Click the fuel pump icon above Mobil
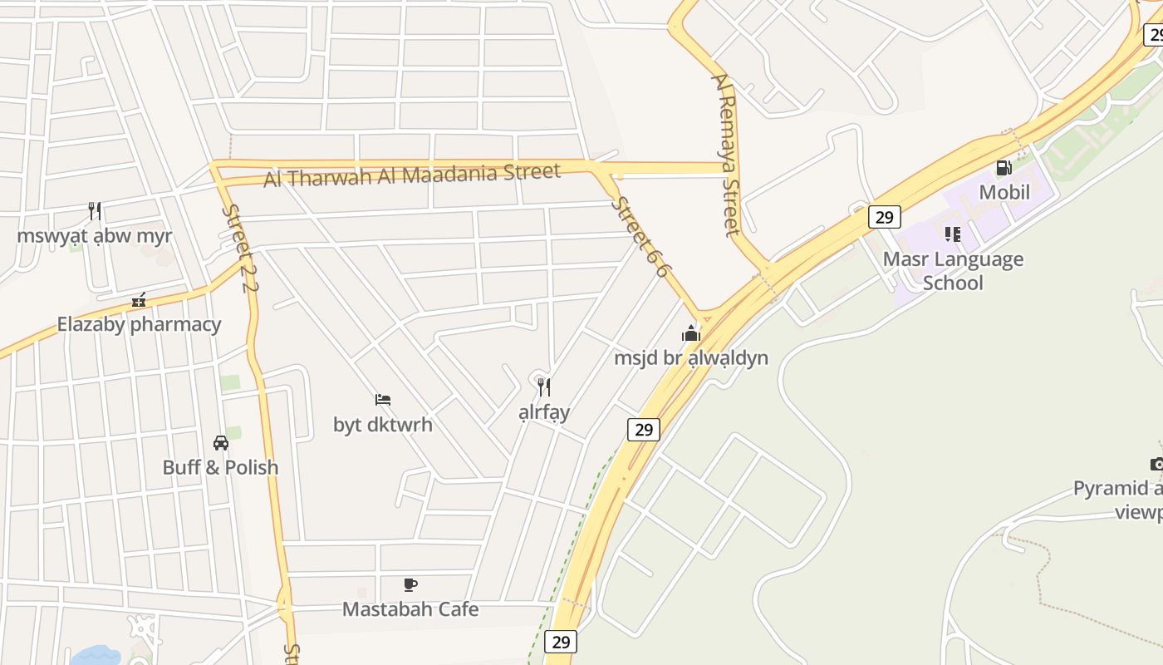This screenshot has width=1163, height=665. point(1004,168)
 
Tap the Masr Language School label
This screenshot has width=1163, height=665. point(953,271)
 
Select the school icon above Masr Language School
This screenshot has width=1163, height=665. point(953,234)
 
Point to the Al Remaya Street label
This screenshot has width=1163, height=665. point(725,155)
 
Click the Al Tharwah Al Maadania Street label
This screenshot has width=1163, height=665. point(412,175)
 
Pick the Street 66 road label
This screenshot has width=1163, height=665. point(640,237)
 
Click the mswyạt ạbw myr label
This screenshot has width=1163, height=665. point(95,235)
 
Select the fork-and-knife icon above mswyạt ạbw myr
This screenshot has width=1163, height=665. point(95,210)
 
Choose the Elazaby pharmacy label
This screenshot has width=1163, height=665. point(139,324)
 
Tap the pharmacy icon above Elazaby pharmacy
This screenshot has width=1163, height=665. point(139,300)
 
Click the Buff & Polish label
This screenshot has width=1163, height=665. point(220,467)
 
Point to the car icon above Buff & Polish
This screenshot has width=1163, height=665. point(220,442)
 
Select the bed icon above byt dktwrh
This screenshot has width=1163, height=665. point(382,400)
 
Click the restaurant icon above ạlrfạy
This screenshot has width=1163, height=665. point(543,387)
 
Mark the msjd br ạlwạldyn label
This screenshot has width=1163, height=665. point(690,358)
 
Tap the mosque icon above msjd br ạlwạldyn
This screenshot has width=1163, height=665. point(690,334)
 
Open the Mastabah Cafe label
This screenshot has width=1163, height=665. point(410,609)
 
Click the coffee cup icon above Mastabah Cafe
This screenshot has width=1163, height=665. point(410,585)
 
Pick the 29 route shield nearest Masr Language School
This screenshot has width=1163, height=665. point(884,218)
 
